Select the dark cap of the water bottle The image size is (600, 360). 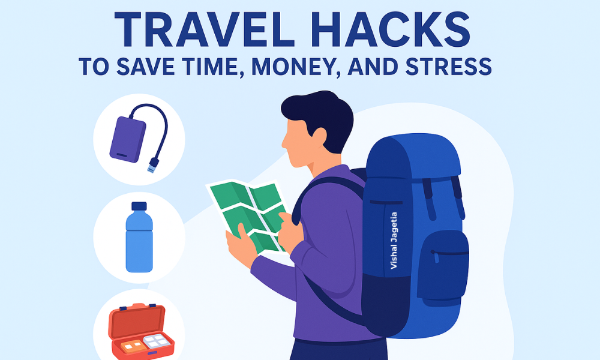tap(139, 207)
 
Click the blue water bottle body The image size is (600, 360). tap(139, 243)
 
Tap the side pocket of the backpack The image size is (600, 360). tap(443, 264)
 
